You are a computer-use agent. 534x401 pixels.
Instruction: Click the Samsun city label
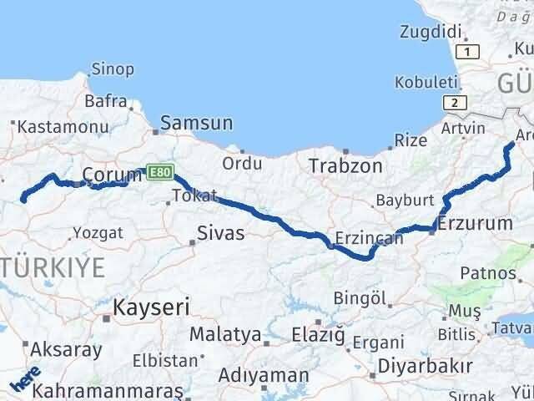click(196, 123)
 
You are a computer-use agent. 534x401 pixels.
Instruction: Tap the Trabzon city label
click(345, 165)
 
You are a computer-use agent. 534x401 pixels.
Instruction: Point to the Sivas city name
click(220, 232)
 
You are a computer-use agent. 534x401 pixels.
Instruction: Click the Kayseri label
click(151, 307)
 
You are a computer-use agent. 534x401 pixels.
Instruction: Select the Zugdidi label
click(431, 32)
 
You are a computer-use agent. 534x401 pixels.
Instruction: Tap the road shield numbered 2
click(455, 102)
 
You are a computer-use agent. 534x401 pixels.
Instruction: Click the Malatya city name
click(224, 334)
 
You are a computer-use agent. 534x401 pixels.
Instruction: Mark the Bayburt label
click(405, 200)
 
